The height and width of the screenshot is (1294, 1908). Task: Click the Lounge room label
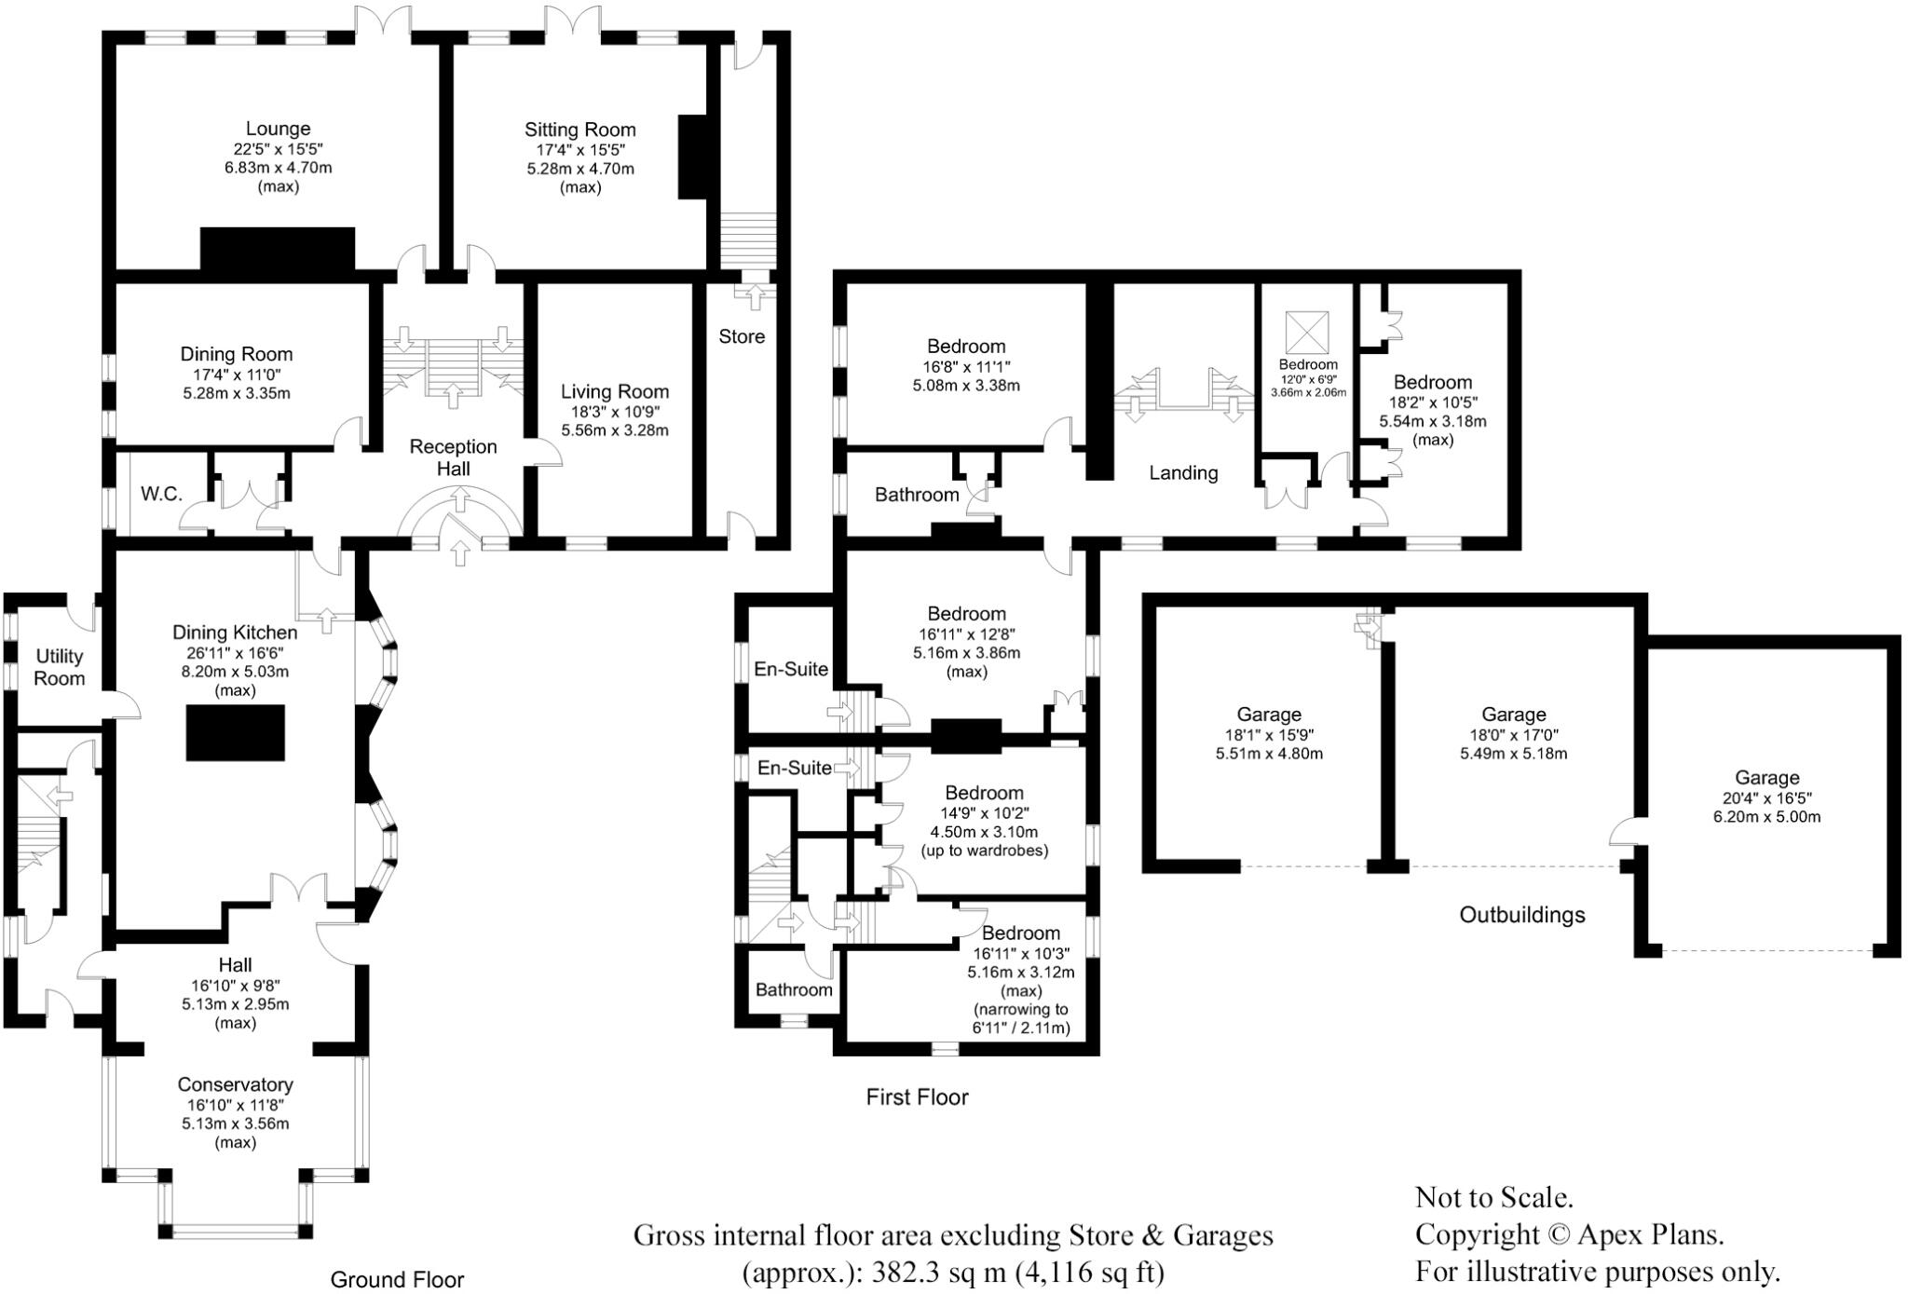coord(278,129)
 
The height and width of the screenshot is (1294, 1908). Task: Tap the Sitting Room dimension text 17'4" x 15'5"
coord(579,150)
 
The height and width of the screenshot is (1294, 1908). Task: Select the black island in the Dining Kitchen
coord(236,733)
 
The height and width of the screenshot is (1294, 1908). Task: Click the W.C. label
coord(161,494)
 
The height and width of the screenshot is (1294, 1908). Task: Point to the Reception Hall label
coord(454,457)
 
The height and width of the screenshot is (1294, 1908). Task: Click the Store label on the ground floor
coord(742,336)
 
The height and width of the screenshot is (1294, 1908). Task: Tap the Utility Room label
coord(60,667)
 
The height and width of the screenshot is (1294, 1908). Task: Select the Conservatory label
coord(235,1084)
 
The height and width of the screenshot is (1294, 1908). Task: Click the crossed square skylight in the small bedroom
coord(1307,331)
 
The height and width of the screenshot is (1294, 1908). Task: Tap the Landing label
coord(1183,473)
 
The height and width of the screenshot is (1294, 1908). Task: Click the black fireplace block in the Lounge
coord(278,249)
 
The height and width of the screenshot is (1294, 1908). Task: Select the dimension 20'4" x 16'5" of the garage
coord(1766,797)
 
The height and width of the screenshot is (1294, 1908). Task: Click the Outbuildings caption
coord(1521,915)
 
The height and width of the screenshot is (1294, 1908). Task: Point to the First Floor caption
coord(917,1097)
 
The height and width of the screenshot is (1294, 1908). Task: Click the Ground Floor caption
coord(397,1280)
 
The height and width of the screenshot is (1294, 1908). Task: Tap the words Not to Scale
coord(1493,1197)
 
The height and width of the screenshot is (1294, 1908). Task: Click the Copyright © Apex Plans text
coord(1569,1234)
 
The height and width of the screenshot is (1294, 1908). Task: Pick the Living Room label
coord(615,391)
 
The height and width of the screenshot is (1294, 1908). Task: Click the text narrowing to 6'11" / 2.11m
coord(1021,1019)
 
